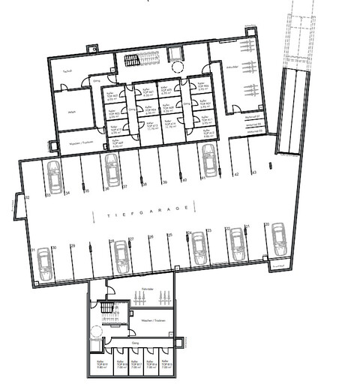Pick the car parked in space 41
coord(209,160)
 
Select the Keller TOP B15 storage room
coord(165,365)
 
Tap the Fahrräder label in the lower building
coord(147,289)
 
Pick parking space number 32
coord(27,196)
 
